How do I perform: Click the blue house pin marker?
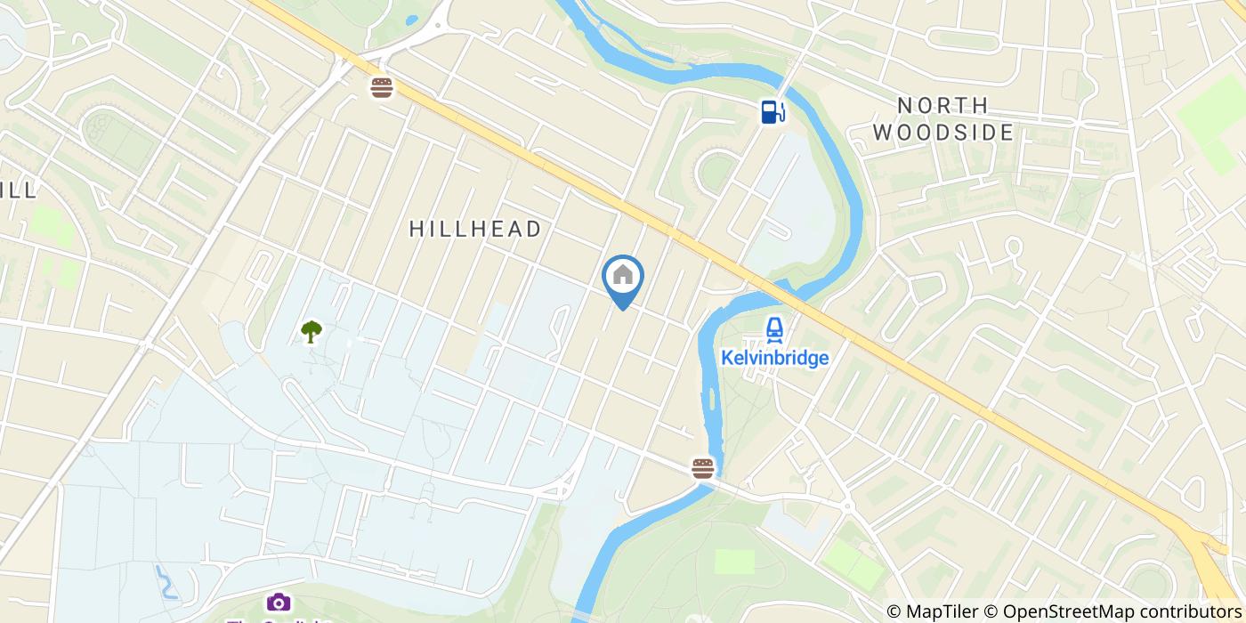click(x=623, y=278)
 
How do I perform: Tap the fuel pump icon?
click(x=772, y=111)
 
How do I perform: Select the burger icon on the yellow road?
click(x=382, y=88)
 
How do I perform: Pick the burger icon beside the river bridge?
click(x=702, y=468)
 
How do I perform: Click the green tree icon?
click(x=311, y=332)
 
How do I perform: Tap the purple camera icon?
click(x=279, y=603)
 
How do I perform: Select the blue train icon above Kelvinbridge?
click(x=774, y=330)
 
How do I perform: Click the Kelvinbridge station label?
click(x=774, y=359)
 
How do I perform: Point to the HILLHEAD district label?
click(x=475, y=229)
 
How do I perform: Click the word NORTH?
click(x=943, y=106)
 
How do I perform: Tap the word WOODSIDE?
click(x=943, y=133)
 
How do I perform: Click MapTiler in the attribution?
click(x=946, y=611)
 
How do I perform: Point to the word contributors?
click(x=1185, y=611)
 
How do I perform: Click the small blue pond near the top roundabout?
click(x=410, y=20)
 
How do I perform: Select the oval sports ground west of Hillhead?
click(x=105, y=131)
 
